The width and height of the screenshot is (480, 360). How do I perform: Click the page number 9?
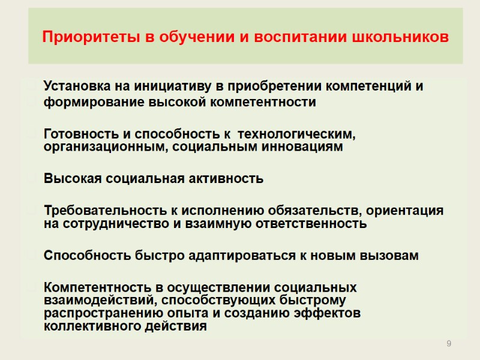(448, 343)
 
